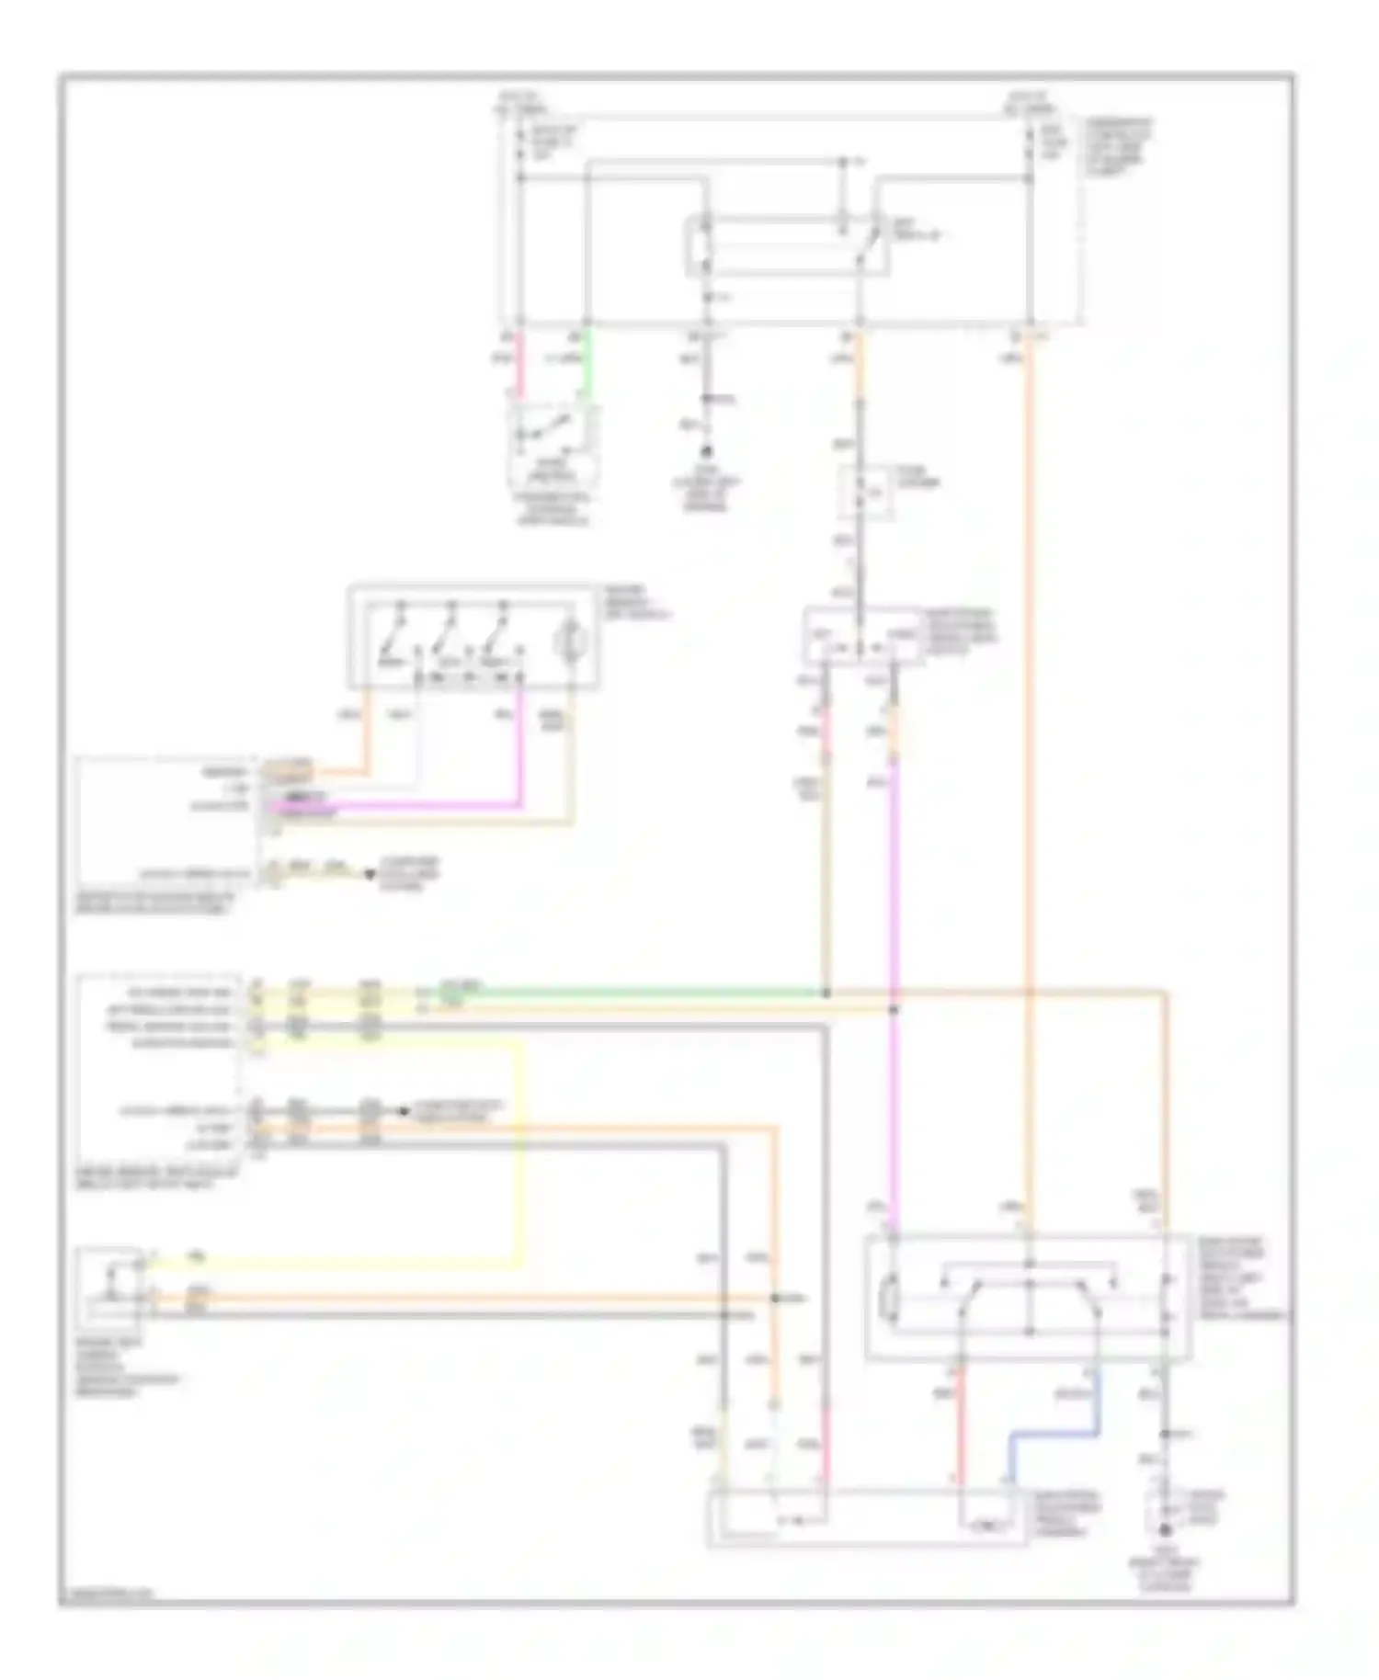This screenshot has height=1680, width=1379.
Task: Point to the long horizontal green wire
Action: (x=644, y=993)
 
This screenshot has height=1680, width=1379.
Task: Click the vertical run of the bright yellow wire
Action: (x=522, y=1149)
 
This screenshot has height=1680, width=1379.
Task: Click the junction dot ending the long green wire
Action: (x=826, y=993)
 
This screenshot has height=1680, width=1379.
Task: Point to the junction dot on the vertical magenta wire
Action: (x=894, y=1009)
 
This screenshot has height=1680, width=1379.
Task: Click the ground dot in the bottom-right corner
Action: (x=1165, y=1530)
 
